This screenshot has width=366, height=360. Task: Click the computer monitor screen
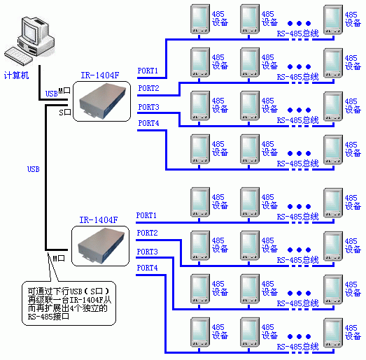(x=31, y=33)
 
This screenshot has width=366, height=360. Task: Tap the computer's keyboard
(x=18, y=56)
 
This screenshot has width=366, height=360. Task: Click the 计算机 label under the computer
(x=16, y=75)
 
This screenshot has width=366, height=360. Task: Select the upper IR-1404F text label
(x=100, y=75)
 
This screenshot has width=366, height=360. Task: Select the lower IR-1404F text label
(x=99, y=220)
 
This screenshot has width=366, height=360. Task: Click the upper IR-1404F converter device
(x=102, y=101)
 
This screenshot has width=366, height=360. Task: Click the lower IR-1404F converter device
(x=101, y=245)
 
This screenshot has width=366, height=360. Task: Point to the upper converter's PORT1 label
(x=148, y=71)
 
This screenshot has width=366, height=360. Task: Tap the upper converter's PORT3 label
(x=148, y=107)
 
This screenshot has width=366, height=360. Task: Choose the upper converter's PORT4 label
(x=148, y=123)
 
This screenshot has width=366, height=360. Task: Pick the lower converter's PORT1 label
(x=146, y=215)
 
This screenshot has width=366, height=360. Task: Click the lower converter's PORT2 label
(x=147, y=233)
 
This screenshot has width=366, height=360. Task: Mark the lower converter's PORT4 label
(x=147, y=268)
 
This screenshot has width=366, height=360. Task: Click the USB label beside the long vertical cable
(x=34, y=169)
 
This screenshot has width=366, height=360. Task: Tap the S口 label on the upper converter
(x=65, y=113)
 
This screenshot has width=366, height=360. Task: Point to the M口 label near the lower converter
(x=59, y=259)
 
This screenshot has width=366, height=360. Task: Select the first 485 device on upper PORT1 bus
(x=200, y=19)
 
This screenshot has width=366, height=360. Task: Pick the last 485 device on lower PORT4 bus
(x=333, y=333)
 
